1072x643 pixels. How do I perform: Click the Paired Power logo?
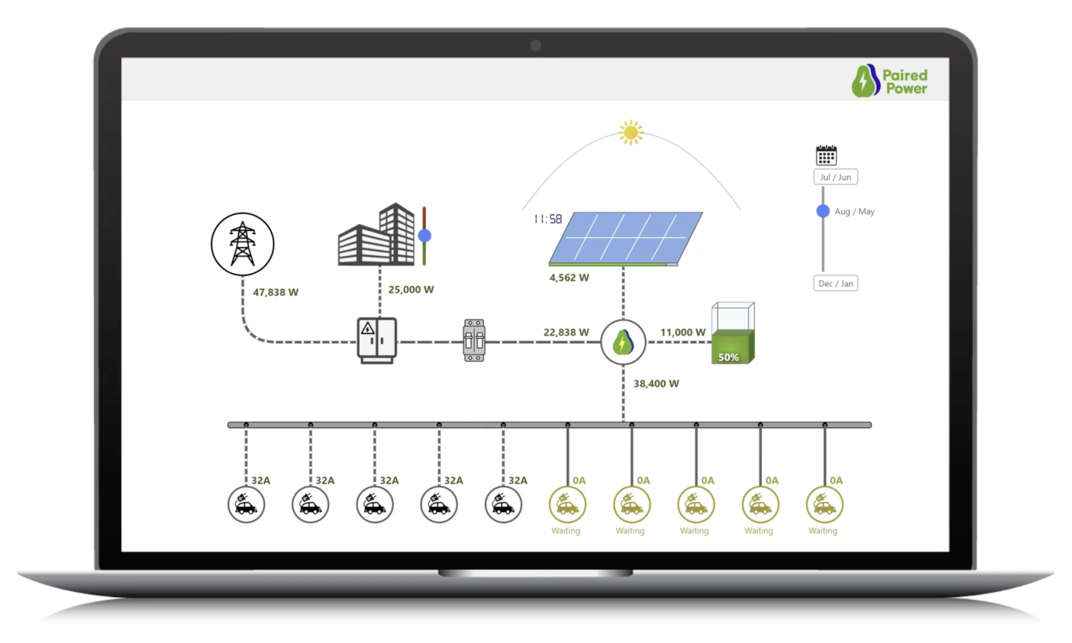click(x=889, y=81)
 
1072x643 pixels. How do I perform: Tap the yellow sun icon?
click(x=631, y=132)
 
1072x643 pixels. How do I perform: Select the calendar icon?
click(x=826, y=155)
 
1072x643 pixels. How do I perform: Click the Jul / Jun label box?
click(x=835, y=177)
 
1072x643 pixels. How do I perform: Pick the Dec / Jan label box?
click(x=835, y=283)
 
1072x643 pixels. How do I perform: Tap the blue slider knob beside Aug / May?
click(x=823, y=211)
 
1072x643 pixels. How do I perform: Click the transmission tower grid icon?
click(x=242, y=244)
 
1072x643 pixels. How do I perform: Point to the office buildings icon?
click(x=376, y=235)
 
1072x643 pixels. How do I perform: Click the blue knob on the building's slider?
click(x=425, y=235)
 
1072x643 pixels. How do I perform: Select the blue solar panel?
click(x=625, y=238)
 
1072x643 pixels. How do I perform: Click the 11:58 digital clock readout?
click(x=548, y=219)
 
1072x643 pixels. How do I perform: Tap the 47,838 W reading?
click(x=275, y=293)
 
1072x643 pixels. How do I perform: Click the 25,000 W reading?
click(x=411, y=290)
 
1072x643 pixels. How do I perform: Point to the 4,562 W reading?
click(x=569, y=278)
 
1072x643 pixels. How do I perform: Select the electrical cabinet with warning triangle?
click(x=377, y=340)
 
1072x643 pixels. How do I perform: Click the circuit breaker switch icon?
click(x=474, y=340)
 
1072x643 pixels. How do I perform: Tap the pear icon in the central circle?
click(x=623, y=342)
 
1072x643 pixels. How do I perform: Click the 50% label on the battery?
click(x=729, y=357)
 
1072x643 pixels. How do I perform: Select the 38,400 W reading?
click(x=656, y=384)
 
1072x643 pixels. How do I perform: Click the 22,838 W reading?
click(x=566, y=332)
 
